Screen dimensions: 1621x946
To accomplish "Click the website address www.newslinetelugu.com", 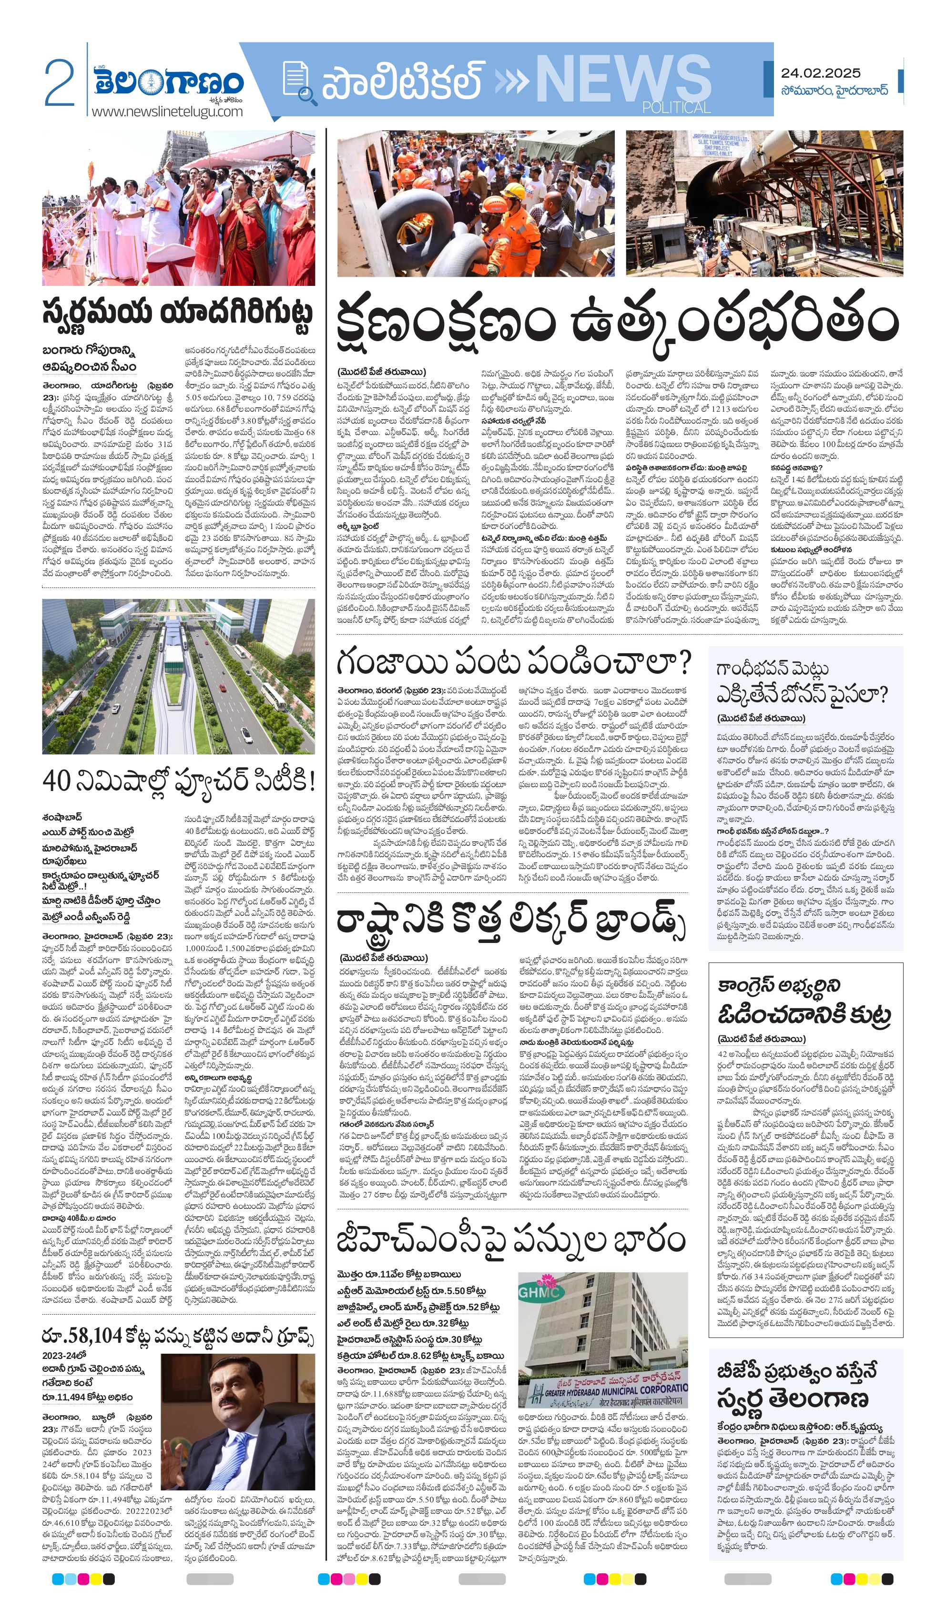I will tap(167, 111).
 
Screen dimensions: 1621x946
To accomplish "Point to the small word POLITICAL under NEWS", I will tap(676, 107).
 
